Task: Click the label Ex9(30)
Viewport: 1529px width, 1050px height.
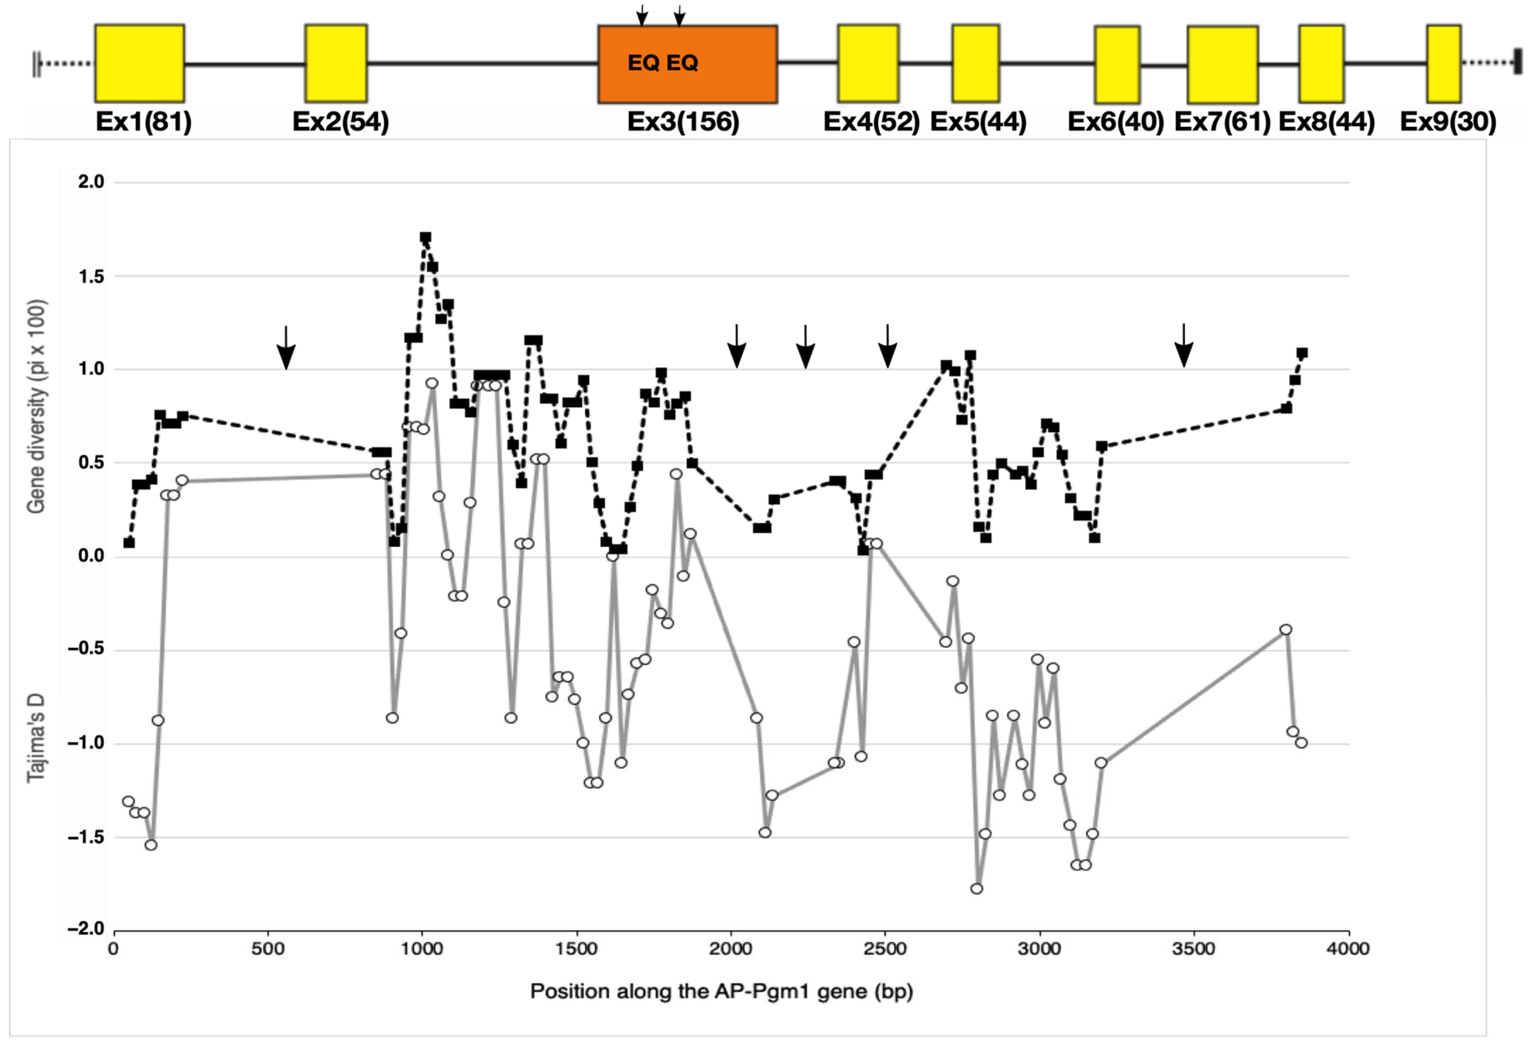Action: point(1448,122)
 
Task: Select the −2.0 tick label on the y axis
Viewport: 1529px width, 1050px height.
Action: point(86,929)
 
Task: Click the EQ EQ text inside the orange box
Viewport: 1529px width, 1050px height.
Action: point(662,63)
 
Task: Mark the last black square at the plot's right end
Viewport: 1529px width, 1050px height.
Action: point(1301,353)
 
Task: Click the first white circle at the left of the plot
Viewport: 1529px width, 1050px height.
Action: point(128,801)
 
